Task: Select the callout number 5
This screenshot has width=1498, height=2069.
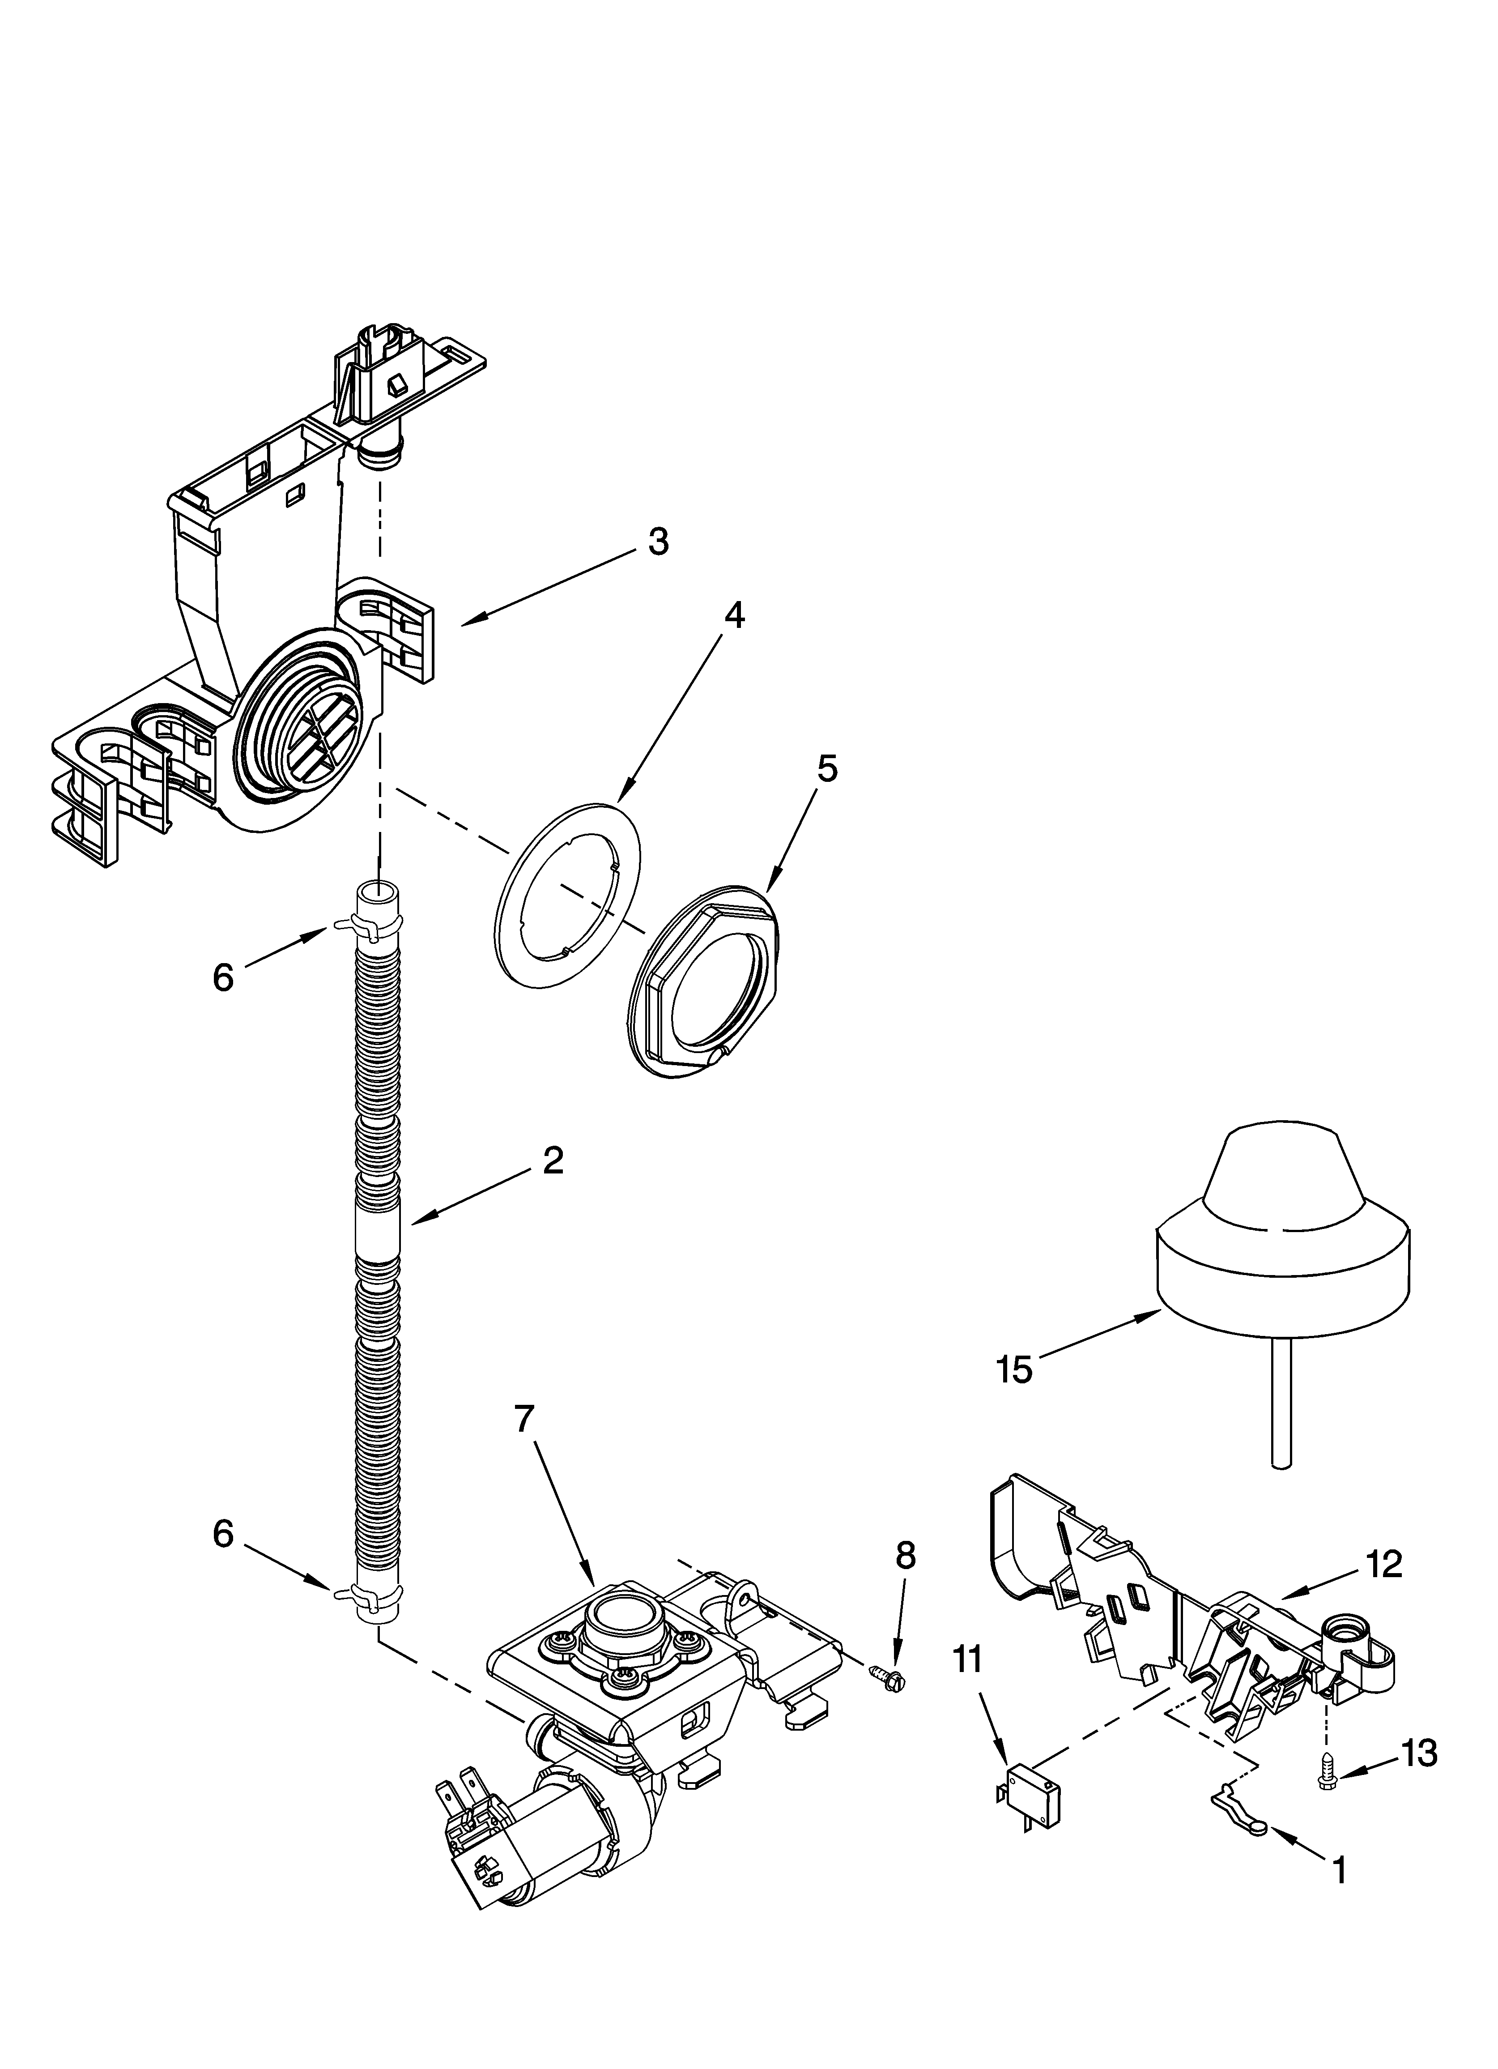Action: pos(826,769)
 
